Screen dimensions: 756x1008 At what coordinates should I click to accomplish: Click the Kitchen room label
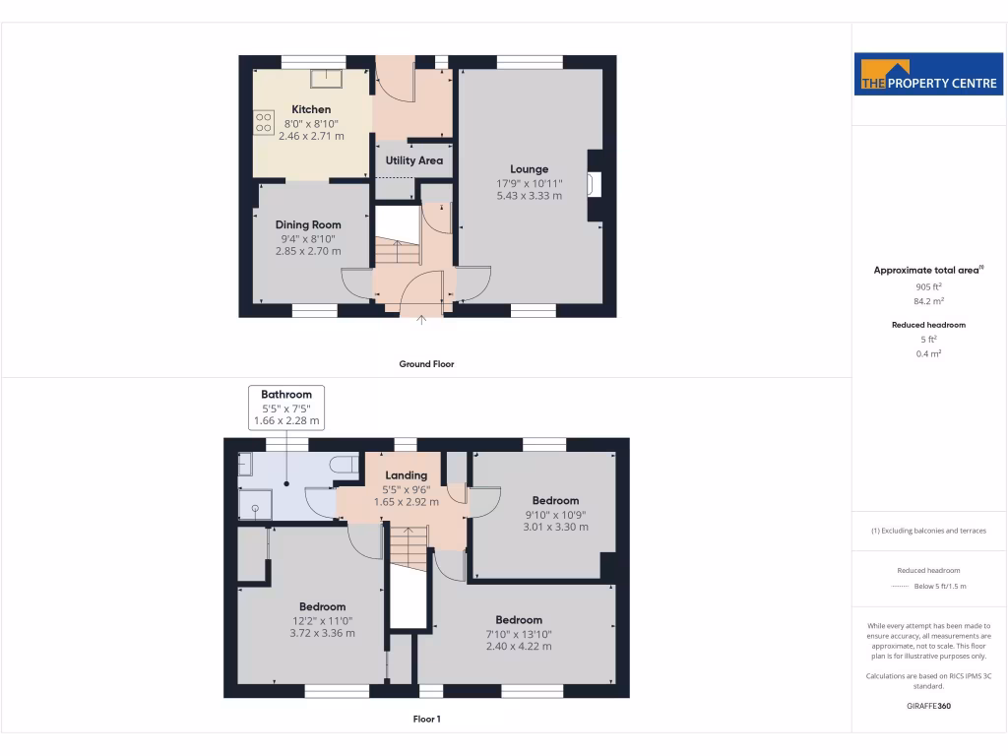click(311, 109)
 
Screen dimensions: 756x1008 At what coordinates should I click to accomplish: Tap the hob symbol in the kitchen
click(264, 123)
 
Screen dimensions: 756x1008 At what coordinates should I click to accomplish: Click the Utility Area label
click(414, 160)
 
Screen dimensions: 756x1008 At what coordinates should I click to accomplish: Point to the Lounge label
click(529, 169)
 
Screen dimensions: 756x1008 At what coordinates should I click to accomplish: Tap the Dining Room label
click(308, 224)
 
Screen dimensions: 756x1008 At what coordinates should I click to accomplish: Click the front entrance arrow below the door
click(421, 318)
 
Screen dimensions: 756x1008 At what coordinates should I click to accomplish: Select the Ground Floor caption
click(426, 364)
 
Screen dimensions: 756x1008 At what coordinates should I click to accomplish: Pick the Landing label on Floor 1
click(406, 475)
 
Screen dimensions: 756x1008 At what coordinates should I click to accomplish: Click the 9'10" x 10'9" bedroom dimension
click(555, 514)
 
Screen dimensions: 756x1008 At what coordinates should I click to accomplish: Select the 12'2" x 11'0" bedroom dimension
click(322, 620)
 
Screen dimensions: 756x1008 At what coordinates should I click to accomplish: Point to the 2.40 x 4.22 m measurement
click(519, 646)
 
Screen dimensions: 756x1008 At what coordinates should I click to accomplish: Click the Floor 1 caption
click(426, 720)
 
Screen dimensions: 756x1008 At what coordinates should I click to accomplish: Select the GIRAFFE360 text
click(927, 706)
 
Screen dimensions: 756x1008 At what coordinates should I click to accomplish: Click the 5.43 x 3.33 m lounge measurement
click(530, 196)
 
